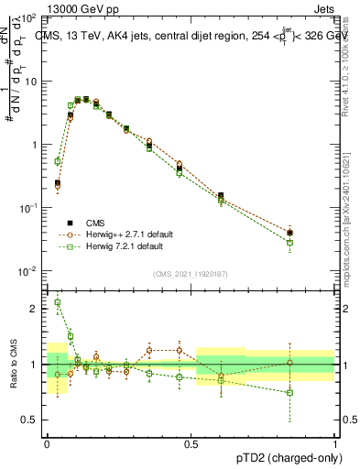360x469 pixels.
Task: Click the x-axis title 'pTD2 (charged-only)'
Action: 284,455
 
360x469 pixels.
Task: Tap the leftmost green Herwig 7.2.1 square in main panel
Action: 58,161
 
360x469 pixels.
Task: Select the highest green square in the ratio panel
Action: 58,302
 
